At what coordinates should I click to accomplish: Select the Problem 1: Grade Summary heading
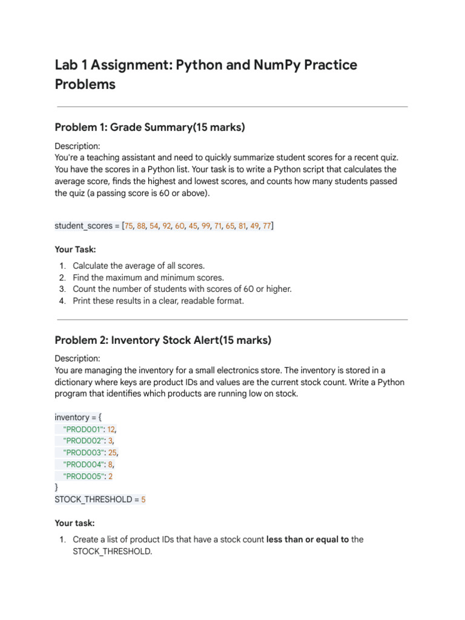pos(150,127)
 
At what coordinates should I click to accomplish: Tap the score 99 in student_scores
pos(206,226)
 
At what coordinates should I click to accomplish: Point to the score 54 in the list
pos(154,226)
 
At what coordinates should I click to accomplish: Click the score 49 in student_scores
pos(254,226)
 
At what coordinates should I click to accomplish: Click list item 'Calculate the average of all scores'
pos(139,266)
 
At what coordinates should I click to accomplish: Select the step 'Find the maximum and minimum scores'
pos(148,277)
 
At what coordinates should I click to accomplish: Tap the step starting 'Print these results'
pos(158,300)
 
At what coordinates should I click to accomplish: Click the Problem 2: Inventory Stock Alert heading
pos(163,340)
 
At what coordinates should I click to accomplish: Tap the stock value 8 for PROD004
pos(111,464)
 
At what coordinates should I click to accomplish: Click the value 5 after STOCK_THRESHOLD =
pos(143,500)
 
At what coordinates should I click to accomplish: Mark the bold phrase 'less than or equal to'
pos(308,539)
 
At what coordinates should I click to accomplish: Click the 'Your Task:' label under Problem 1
pos(75,249)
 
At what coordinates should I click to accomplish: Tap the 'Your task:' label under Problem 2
pos(74,523)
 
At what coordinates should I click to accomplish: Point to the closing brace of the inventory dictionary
pos(57,487)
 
